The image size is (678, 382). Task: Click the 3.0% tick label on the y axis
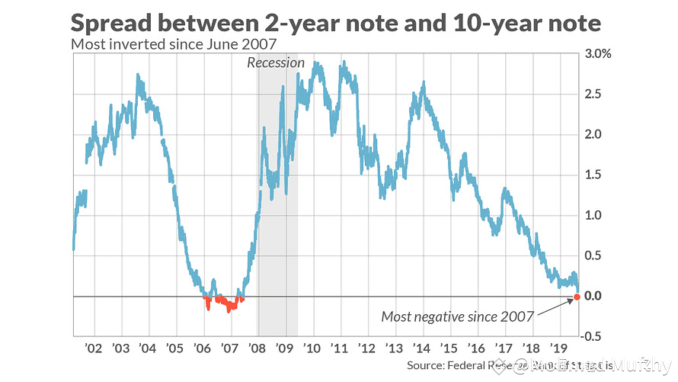click(x=598, y=54)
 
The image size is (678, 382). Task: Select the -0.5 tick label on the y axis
click(x=595, y=336)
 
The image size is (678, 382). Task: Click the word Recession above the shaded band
click(x=276, y=63)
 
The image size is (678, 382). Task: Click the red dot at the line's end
click(x=577, y=296)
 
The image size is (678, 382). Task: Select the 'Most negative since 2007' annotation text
click(x=457, y=316)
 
